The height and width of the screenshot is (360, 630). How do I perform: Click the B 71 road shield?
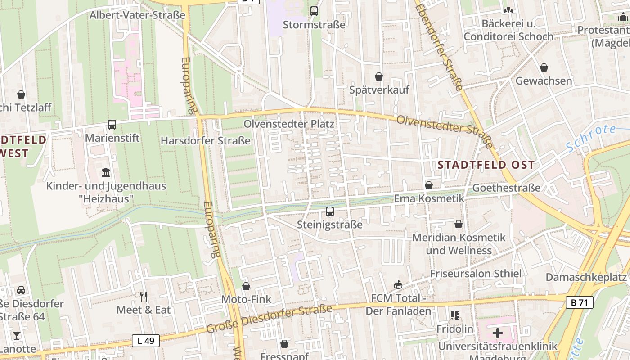579,303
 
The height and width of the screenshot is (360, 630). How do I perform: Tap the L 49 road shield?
146,341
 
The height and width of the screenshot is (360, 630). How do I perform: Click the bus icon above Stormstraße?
314,11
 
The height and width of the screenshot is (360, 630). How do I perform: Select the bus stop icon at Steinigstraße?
330,211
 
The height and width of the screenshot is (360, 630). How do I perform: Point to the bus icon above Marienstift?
112,125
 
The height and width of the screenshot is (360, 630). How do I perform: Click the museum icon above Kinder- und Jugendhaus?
106,172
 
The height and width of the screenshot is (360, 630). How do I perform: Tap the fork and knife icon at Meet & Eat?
144,297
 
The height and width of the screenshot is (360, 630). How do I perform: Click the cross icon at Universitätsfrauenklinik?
497,333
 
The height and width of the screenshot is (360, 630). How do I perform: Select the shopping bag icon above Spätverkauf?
379,76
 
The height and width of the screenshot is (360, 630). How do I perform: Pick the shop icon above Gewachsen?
544,67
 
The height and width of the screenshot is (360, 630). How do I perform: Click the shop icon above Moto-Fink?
246,286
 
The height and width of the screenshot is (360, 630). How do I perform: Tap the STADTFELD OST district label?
486,165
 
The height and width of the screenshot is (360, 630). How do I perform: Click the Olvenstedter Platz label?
288,124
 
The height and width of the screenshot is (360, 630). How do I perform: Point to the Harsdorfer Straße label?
206,141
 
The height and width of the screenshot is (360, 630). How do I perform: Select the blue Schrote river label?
590,138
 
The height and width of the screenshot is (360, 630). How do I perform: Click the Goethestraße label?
506,188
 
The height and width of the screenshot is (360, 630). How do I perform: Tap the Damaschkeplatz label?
586,277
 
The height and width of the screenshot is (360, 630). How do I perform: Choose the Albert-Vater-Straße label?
137,15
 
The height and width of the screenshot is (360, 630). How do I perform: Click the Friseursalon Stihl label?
476,274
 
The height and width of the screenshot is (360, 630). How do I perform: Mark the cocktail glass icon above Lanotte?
17,335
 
